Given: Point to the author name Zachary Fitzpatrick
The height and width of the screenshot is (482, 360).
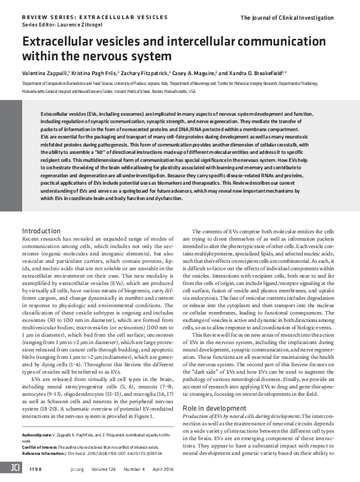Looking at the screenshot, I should [145, 73].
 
